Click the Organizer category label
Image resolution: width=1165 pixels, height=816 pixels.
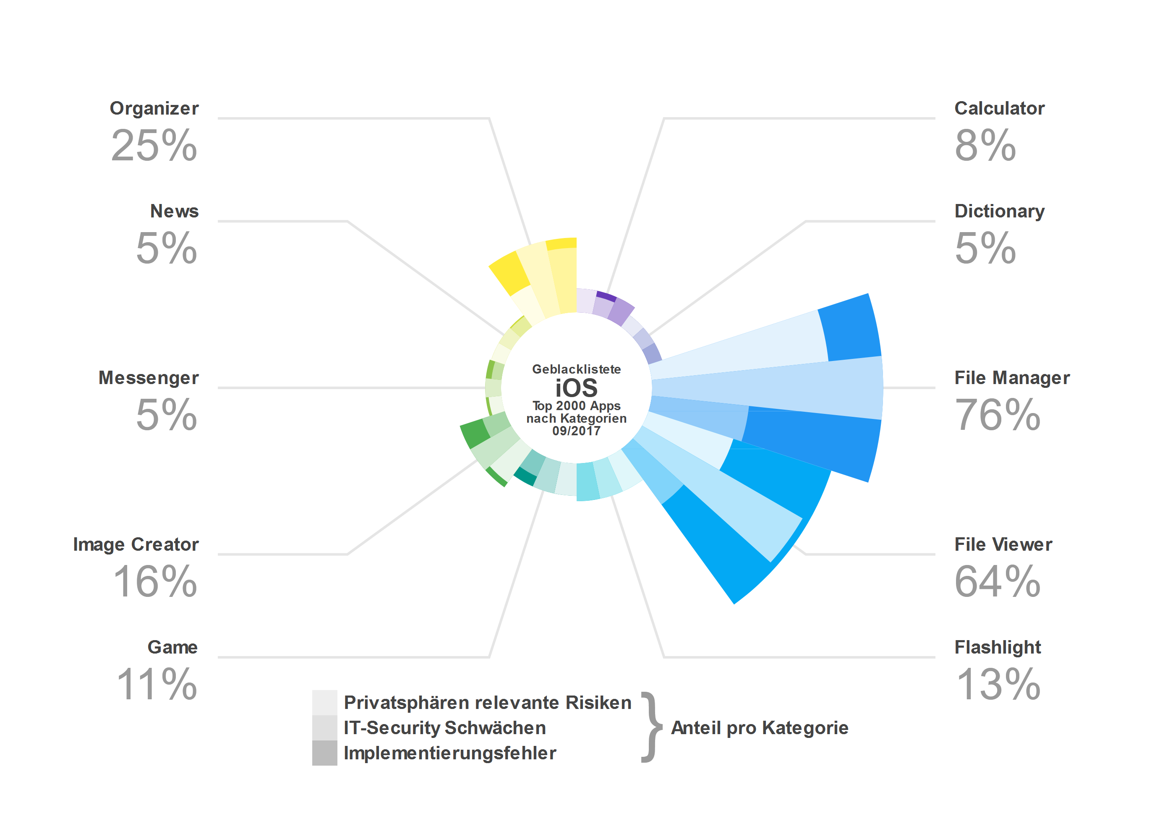pyautogui.click(x=154, y=109)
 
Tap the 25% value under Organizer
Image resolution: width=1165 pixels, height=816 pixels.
pyautogui.click(x=154, y=146)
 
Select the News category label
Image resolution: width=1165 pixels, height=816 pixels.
pyautogui.click(x=174, y=211)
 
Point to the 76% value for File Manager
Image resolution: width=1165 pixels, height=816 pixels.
pyautogui.click(x=997, y=415)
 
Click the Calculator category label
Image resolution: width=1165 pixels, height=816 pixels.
pyautogui.click(x=999, y=109)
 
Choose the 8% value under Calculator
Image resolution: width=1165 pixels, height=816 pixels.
pyautogui.click(x=985, y=146)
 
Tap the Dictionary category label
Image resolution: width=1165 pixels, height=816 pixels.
pyautogui.click(x=999, y=211)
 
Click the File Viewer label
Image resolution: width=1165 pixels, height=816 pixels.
pyautogui.click(x=1003, y=544)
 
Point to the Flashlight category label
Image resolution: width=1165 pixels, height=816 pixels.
pyautogui.click(x=998, y=648)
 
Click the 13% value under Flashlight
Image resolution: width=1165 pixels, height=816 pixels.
pyautogui.click(x=998, y=685)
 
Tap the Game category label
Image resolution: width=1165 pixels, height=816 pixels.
pyautogui.click(x=172, y=648)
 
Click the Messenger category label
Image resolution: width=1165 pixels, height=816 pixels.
pyautogui.click(x=149, y=378)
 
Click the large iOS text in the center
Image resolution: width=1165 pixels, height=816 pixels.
pyautogui.click(x=576, y=388)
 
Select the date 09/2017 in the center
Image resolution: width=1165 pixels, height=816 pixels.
pyautogui.click(x=576, y=431)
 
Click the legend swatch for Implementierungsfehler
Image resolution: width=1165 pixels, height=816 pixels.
pyautogui.click(x=325, y=753)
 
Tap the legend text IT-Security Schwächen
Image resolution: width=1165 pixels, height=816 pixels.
pyautogui.click(x=444, y=728)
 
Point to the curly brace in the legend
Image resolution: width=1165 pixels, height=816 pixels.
pyautogui.click(x=651, y=728)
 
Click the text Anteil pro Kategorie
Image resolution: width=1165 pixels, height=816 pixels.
pyautogui.click(x=760, y=728)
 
